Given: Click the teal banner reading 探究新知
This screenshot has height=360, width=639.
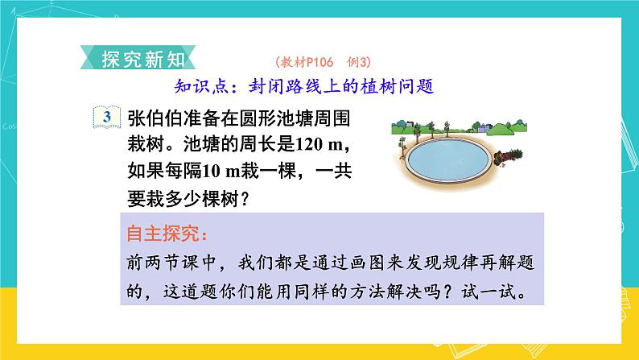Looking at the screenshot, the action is (x=138, y=58).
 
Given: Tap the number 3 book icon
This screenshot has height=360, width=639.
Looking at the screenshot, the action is (x=107, y=117).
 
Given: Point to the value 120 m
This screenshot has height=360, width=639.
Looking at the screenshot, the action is (x=318, y=144).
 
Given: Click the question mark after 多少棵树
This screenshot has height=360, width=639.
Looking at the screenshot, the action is (x=245, y=200).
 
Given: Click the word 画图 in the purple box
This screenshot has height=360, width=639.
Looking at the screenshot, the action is (x=366, y=263).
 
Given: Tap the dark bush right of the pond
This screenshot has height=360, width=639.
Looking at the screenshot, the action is (x=508, y=156).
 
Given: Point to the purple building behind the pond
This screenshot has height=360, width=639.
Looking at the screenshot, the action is (x=483, y=128).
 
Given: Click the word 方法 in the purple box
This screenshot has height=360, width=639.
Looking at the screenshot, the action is (x=366, y=292).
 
